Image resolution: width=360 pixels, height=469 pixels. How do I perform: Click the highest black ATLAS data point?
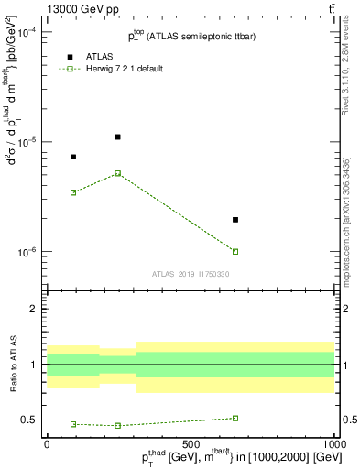click(x=117, y=136)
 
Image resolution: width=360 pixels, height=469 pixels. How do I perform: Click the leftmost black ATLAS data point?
click(x=73, y=157)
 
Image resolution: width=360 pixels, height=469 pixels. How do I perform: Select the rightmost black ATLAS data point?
click(x=235, y=220)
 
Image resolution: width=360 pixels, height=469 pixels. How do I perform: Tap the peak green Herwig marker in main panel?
click(x=117, y=173)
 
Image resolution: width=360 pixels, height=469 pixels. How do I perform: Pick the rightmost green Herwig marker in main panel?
click(x=235, y=251)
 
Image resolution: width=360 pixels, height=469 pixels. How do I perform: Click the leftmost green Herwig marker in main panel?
click(x=73, y=192)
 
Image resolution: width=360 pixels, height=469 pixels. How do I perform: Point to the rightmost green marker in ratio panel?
click(x=235, y=418)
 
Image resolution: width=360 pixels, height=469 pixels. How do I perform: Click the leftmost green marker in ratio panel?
click(x=73, y=424)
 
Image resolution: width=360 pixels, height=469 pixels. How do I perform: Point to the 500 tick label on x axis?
click(x=191, y=442)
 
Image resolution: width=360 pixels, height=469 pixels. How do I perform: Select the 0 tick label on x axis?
click(x=47, y=442)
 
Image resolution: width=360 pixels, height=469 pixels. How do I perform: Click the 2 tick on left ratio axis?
click(x=34, y=309)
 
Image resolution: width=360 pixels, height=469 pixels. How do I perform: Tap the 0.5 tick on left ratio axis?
click(x=29, y=420)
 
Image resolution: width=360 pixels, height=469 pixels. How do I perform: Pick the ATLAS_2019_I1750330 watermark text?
click(x=191, y=274)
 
